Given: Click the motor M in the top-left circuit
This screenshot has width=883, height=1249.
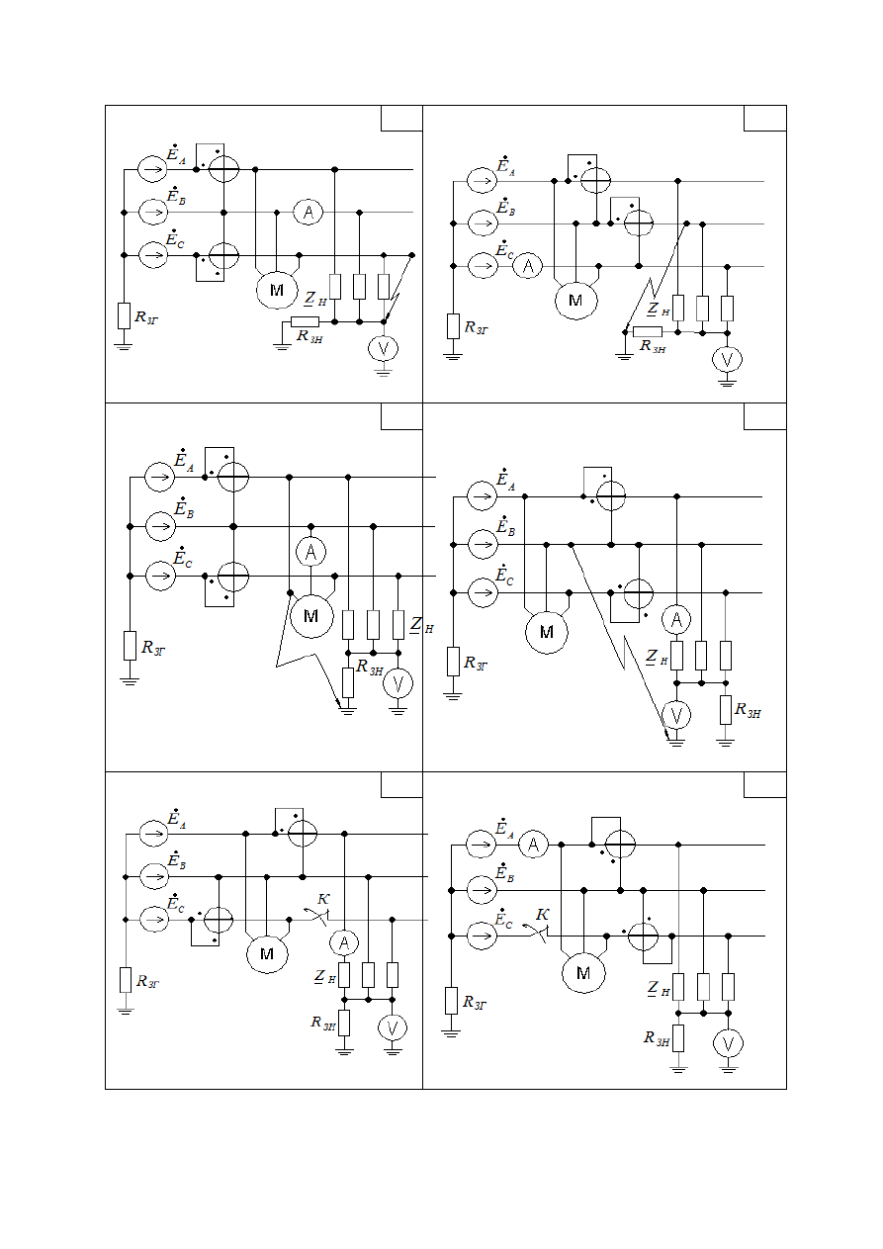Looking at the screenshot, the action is tap(277, 290).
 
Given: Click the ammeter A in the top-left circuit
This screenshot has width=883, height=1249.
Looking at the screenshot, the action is tap(308, 213).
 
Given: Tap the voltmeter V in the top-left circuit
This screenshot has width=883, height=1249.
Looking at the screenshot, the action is tap(383, 349).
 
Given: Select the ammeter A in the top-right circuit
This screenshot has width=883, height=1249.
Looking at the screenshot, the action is tap(527, 266).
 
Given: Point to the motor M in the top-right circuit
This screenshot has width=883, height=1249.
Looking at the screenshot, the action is tap(575, 300).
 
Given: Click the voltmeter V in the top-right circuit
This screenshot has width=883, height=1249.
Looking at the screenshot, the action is tap(727, 360).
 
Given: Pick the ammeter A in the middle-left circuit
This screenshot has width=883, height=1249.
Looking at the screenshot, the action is tap(311, 552).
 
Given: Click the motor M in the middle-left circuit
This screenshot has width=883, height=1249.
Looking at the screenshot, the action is tap(311, 615).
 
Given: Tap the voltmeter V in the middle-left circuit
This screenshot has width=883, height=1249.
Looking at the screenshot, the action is tap(398, 683).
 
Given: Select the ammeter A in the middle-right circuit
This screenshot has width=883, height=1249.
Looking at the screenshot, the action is tap(676, 619).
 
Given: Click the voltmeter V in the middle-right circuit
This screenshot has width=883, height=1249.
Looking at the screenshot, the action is tap(676, 715).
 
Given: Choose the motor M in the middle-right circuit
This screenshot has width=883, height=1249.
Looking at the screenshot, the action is tap(547, 632).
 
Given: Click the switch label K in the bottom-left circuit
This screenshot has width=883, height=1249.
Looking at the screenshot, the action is tap(323, 899).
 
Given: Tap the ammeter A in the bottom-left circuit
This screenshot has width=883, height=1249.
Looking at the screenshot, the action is tap(344, 942).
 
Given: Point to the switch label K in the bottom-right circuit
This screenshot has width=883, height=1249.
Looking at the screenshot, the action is tap(543, 915).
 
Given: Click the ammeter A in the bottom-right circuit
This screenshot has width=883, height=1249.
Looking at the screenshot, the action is tap(534, 846).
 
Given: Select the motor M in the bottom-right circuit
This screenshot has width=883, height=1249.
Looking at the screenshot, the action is tap(583, 973).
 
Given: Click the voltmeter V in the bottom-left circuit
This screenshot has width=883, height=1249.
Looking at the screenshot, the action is tap(393, 1028).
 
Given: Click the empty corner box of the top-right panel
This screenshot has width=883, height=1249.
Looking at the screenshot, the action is tap(764, 119).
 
